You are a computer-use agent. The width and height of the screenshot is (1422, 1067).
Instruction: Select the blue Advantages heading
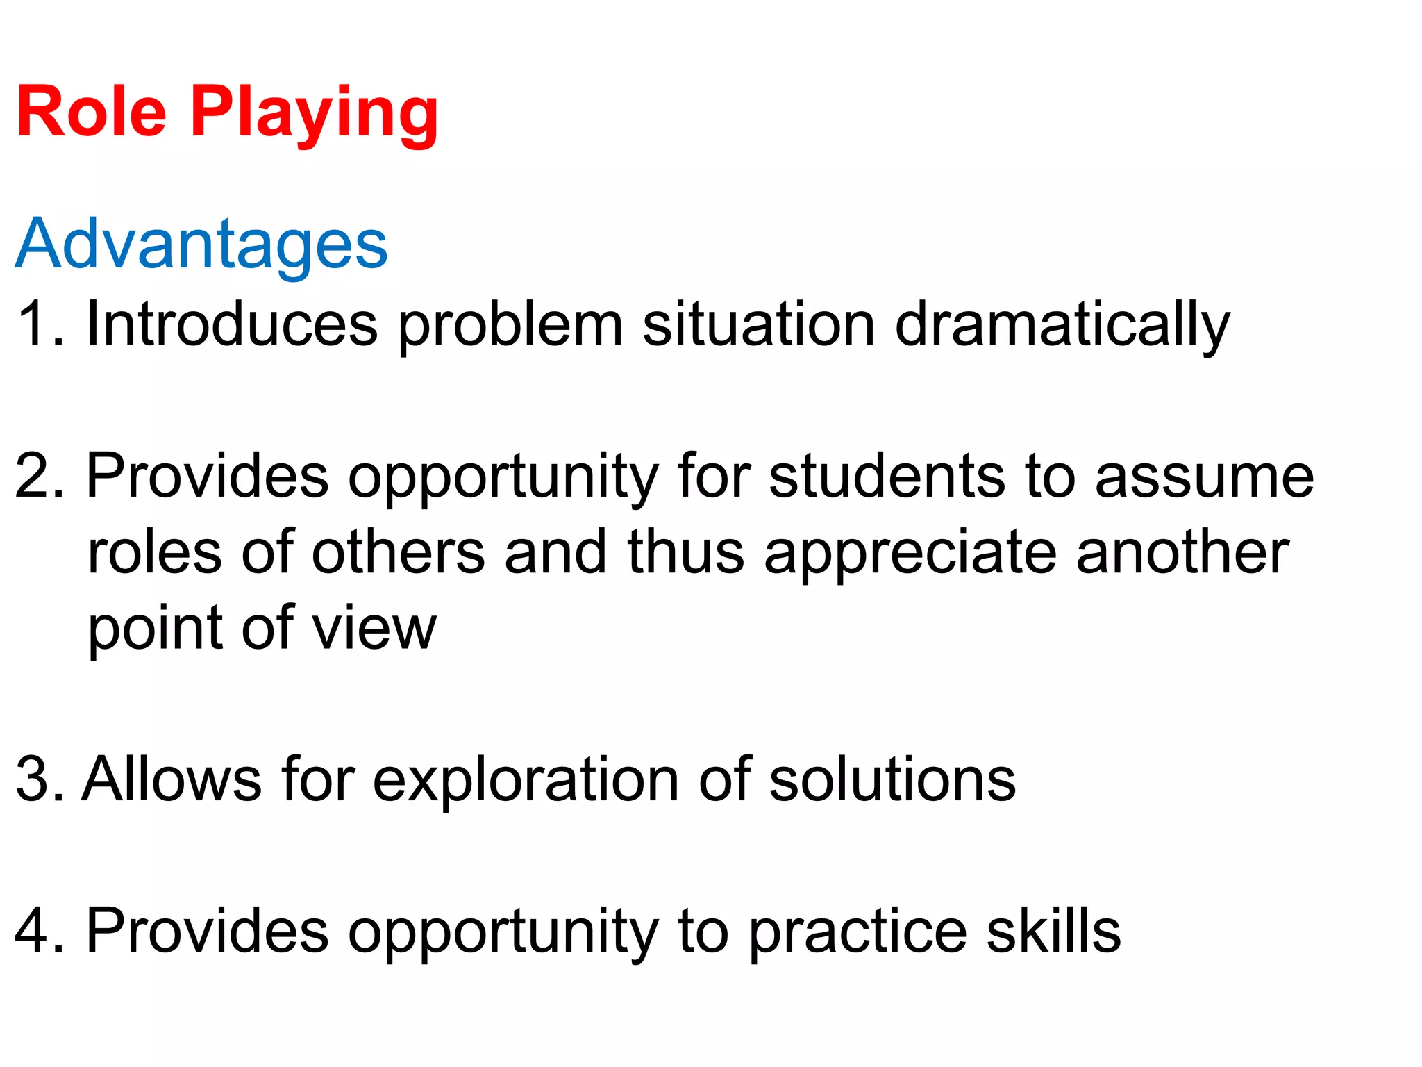pyautogui.click(x=201, y=244)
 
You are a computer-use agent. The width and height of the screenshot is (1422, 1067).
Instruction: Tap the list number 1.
pyautogui.click(x=36, y=324)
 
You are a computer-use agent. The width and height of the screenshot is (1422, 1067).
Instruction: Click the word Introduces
pyautogui.click(x=232, y=325)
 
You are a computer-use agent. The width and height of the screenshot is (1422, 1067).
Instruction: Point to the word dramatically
pyautogui.click(x=1062, y=325)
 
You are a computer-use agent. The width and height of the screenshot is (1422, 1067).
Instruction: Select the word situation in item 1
pyautogui.click(x=758, y=325)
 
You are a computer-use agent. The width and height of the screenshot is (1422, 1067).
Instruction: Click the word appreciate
pyautogui.click(x=910, y=554)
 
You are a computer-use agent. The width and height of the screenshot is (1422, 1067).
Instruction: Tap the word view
pyautogui.click(x=374, y=628)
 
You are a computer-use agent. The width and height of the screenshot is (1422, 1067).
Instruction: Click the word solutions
pyautogui.click(x=892, y=780)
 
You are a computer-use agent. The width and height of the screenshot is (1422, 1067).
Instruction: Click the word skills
pyautogui.click(x=1053, y=932)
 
